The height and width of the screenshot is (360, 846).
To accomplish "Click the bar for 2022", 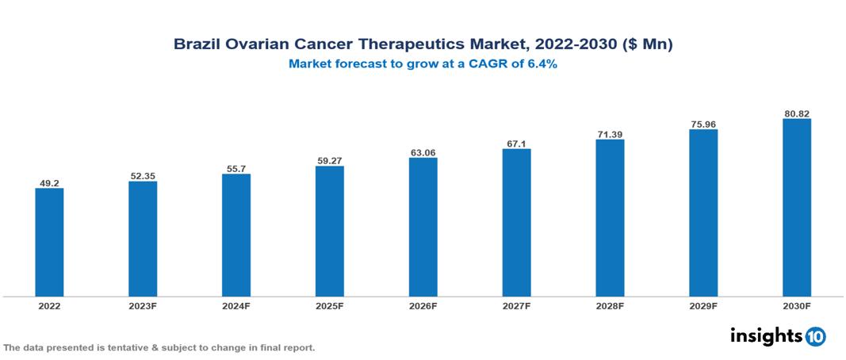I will [x=49, y=242].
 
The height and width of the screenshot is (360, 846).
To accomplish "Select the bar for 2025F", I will [x=329, y=231].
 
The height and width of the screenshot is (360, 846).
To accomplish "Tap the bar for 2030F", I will [x=796, y=208].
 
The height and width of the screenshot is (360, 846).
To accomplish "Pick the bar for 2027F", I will [x=516, y=223].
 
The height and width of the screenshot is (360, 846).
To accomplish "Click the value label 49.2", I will [x=49, y=183].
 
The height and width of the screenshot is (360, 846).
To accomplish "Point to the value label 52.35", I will [x=143, y=176].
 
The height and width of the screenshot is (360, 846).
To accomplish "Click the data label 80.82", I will [x=796, y=113].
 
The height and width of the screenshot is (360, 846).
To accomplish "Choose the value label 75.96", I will [x=703, y=124].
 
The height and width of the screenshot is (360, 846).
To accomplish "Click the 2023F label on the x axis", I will [x=143, y=305].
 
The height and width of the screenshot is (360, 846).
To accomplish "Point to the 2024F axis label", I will [x=236, y=305].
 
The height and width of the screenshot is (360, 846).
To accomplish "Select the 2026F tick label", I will [x=423, y=305].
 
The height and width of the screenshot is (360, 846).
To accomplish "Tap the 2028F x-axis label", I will [x=610, y=305].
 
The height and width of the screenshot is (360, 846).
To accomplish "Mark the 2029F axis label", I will [x=703, y=305].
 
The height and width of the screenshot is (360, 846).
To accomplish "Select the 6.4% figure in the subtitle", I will [x=541, y=65].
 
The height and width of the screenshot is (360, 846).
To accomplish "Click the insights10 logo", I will [x=777, y=336].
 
